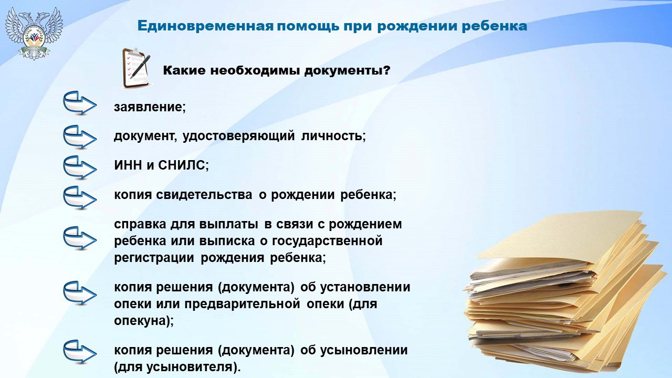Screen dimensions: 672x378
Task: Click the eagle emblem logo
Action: point(34,33)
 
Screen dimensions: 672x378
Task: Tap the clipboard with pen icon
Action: point(136,68)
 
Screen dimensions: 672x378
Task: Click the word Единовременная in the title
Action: point(205,26)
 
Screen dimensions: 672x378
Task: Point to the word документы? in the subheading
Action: point(348,71)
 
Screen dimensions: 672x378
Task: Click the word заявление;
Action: point(150,107)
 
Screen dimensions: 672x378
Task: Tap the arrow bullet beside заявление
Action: point(80,103)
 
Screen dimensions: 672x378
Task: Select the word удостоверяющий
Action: point(238,136)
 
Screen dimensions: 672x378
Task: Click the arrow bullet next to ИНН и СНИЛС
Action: point(80,167)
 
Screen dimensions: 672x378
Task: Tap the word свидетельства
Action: point(204,195)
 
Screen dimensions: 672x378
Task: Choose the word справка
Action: point(140,225)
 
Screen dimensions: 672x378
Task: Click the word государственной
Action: point(327,241)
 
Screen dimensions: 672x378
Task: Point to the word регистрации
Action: point(154,258)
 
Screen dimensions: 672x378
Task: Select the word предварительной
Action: point(243,304)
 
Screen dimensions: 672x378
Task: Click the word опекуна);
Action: point(144,321)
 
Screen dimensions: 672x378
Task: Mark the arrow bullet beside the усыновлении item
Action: point(80,352)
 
